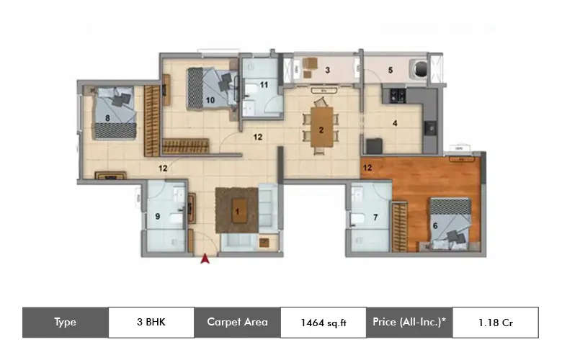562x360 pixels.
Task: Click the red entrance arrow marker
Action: [x=205, y=258]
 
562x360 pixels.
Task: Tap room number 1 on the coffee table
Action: [x=236, y=211]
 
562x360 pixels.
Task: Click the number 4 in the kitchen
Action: [x=390, y=70]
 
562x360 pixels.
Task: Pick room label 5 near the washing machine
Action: [x=434, y=225]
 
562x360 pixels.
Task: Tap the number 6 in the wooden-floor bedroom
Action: [x=375, y=217]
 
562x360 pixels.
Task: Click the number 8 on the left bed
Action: [x=156, y=215]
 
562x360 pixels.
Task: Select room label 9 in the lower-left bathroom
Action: [x=210, y=100]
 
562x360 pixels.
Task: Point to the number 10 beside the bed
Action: [x=264, y=85]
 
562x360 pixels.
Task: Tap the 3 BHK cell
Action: [x=151, y=323]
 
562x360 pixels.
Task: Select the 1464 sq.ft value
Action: [x=324, y=323]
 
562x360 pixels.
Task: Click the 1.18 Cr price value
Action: [x=495, y=323]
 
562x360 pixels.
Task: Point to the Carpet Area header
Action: [x=237, y=323]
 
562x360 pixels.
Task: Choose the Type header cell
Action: [x=65, y=323]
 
